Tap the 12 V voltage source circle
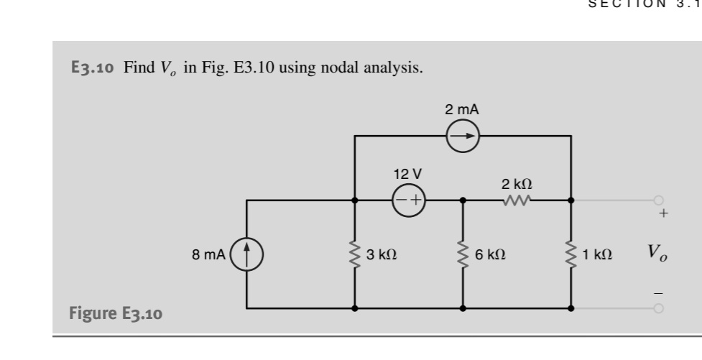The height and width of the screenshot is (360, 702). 409,200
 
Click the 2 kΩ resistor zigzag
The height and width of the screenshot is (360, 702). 517,200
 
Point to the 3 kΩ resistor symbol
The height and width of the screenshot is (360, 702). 355,254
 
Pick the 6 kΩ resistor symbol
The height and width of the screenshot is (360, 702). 463,254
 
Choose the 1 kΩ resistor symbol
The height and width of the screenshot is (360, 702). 571,254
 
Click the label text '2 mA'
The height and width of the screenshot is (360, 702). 463,110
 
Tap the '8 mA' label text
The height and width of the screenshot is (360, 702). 208,254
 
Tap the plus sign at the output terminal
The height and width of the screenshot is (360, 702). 663,214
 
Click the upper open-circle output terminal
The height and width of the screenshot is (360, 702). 657,200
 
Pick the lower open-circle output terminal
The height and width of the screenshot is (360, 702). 657,308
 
